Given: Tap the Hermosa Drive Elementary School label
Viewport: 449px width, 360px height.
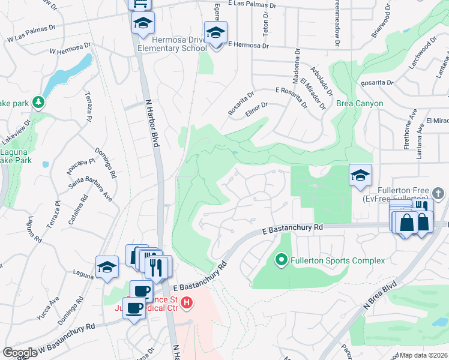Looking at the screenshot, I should point(172,43).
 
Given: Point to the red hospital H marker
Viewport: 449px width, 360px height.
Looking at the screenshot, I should point(187,302).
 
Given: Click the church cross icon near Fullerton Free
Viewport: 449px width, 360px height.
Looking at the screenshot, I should point(438,193).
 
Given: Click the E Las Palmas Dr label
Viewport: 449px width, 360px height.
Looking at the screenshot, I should point(254,5).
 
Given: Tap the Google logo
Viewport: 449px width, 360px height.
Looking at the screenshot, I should point(20,353).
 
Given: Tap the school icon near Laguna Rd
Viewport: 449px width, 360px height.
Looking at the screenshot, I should point(107,267).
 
